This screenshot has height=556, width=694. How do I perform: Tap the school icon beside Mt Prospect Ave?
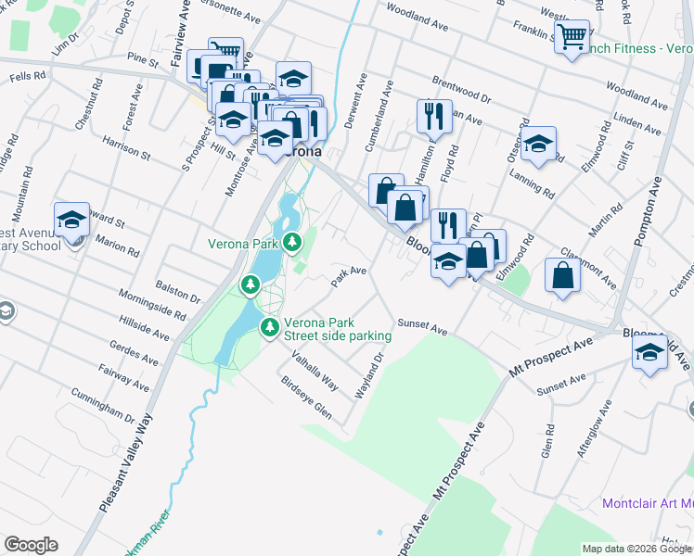pyautogui.click(x=649, y=352)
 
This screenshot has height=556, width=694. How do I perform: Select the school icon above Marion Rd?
pyautogui.click(x=71, y=220)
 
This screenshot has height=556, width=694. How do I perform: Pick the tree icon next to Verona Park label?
pyautogui.click(x=293, y=243)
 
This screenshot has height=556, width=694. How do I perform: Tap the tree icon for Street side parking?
pyautogui.click(x=270, y=326)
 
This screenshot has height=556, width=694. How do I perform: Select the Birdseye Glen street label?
pyautogui.click(x=305, y=398)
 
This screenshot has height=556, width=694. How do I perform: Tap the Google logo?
pyautogui.click(x=31, y=545)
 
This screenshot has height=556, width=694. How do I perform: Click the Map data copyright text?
pyautogui.click(x=635, y=549)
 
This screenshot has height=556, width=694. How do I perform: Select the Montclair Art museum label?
pyautogui.click(x=647, y=504)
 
